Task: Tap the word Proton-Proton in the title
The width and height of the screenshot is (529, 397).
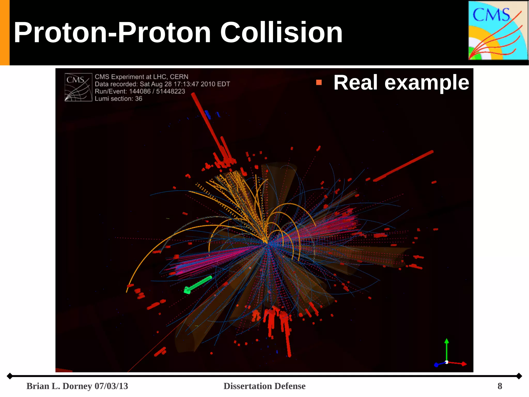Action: pos(112,33)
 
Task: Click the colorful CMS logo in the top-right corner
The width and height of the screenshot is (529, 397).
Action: pos(498,31)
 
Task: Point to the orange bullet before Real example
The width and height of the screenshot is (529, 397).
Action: pos(319,83)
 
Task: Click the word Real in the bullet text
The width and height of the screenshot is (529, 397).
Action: pos(356,83)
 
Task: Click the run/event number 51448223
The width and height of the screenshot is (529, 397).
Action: pos(170,91)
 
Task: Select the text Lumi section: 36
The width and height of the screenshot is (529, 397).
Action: pos(118,99)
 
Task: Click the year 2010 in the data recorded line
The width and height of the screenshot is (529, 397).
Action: pos(208,84)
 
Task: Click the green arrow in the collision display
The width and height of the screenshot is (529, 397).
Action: pos(198,284)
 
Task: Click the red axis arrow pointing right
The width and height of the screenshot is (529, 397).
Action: pos(464,364)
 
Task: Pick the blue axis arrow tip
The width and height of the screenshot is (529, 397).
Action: pos(436,365)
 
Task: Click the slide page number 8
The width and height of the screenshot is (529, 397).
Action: pos(500,386)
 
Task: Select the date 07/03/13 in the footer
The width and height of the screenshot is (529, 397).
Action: pos(111,386)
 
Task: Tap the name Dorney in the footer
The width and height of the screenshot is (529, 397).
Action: pos(77,386)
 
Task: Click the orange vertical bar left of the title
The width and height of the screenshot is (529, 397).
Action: pos(5,33)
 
